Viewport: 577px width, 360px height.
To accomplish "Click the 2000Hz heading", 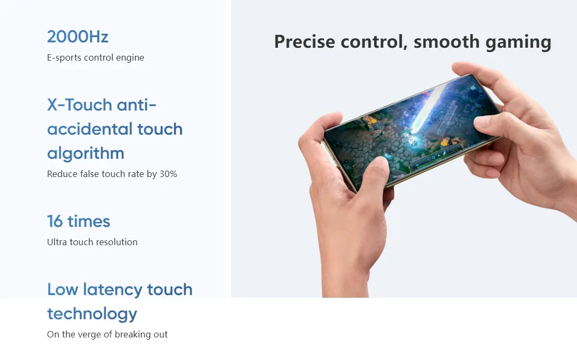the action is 78,37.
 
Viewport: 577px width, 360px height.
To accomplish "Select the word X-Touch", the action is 79,105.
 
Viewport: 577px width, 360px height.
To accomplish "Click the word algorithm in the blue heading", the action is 86,153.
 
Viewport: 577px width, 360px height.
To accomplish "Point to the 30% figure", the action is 168,174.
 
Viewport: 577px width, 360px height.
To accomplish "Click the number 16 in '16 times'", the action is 55,221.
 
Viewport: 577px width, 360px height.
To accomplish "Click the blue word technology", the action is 92,314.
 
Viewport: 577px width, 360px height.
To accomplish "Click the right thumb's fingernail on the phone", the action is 482,121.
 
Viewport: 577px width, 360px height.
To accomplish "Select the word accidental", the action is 90,129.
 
